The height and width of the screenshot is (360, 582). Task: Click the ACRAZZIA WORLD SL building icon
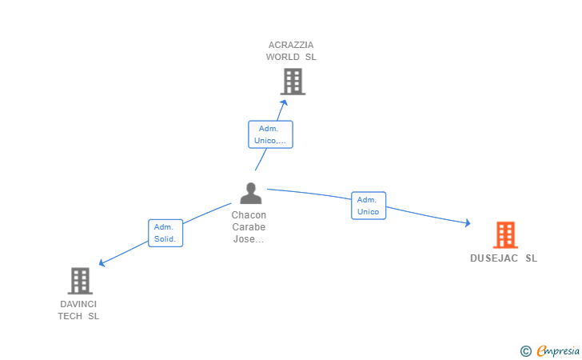coord(293,82)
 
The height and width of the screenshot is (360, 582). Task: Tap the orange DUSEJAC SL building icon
coord(505,235)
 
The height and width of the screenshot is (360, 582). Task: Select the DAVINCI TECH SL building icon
coord(79,281)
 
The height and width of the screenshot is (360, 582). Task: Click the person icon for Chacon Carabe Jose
coord(251,194)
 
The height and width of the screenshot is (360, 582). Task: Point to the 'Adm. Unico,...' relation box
coord(270,134)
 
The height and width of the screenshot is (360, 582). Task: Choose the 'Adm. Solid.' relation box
coord(165,233)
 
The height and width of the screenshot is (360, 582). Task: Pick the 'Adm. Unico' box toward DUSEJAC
coord(369,206)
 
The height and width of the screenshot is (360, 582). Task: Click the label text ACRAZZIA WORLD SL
coord(291,51)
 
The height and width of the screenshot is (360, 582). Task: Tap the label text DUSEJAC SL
coord(504,258)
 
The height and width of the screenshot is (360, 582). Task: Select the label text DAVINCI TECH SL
coord(78,310)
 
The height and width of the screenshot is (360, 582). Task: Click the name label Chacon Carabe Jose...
coord(249,227)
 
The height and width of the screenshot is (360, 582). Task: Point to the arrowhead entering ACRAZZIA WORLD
coord(285,101)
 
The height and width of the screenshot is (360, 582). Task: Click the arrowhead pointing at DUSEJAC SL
coord(467,224)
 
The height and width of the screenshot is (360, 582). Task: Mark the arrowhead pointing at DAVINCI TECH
coord(102,263)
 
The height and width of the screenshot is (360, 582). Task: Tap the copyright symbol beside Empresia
coord(525,350)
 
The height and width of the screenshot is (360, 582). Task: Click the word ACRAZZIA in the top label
coord(291,45)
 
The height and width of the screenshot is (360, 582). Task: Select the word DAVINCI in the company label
coord(78,304)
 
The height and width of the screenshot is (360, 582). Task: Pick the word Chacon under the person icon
coord(249,215)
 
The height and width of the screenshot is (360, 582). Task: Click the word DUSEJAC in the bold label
coord(494,258)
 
